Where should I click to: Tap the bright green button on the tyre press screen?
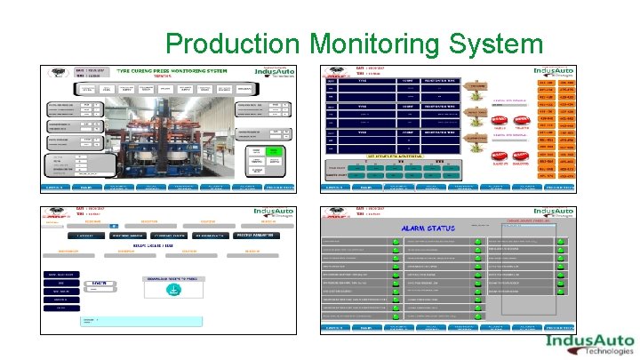(256, 152)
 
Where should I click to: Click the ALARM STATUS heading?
(428, 228)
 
